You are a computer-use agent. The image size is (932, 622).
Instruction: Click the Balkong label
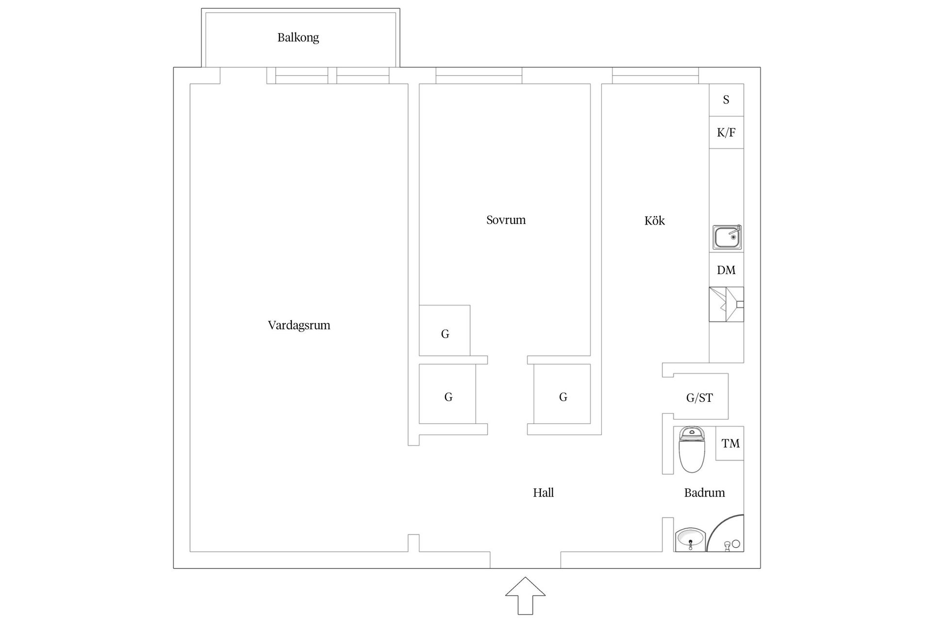pyautogui.click(x=298, y=37)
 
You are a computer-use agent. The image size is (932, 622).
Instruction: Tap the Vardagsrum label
pyautogui.click(x=299, y=325)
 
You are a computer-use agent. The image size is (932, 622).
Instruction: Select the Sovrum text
pyautogui.click(x=506, y=220)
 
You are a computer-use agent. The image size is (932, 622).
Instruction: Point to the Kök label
pyautogui.click(x=654, y=221)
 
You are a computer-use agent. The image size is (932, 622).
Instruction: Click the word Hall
pyautogui.click(x=543, y=493)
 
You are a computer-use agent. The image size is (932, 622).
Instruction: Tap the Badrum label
pyautogui.click(x=704, y=493)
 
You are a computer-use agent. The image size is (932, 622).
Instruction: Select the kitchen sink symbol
pyautogui.click(x=727, y=237)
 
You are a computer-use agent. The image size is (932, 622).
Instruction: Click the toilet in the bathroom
pyautogui.click(x=691, y=450)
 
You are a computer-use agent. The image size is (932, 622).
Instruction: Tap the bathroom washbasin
pyautogui.click(x=690, y=540)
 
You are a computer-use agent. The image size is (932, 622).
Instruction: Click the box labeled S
pyautogui.click(x=726, y=100)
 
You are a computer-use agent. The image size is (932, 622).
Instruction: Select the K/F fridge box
pyautogui.click(x=726, y=132)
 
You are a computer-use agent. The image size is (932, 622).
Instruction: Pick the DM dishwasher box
pyautogui.click(x=726, y=270)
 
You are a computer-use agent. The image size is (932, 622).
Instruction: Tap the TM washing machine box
pyautogui.click(x=730, y=443)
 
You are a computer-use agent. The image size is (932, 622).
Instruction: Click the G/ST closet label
pyautogui.click(x=699, y=398)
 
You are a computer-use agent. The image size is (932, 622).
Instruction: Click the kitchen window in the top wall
pyautogui.click(x=655, y=76)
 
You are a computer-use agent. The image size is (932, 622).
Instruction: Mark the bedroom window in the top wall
pyautogui.click(x=479, y=76)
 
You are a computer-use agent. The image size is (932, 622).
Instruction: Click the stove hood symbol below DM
pyautogui.click(x=726, y=305)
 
